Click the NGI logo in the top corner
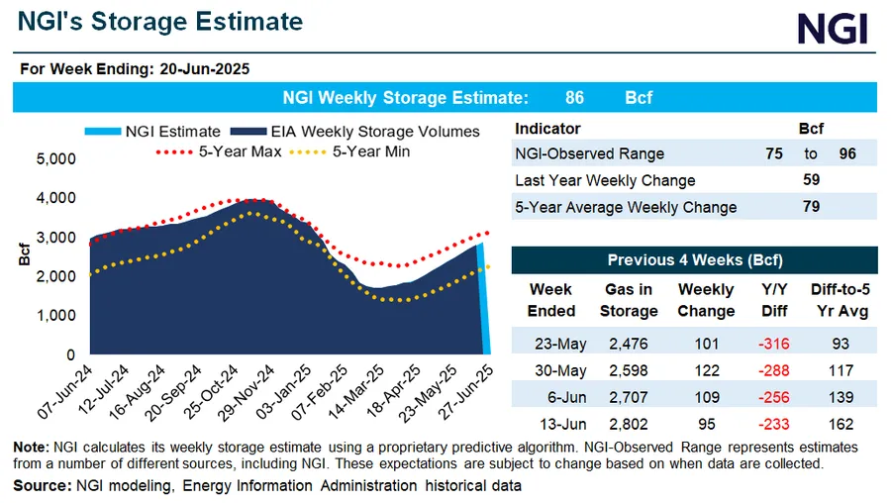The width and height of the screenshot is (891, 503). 833,28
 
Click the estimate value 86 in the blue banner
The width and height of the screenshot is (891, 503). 574,98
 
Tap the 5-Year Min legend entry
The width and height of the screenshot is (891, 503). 361,151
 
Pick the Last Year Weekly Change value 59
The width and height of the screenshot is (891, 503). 809,180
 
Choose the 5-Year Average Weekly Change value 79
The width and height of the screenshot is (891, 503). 809,207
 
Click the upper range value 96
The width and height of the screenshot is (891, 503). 845,153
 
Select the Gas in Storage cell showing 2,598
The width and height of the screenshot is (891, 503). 629,372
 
